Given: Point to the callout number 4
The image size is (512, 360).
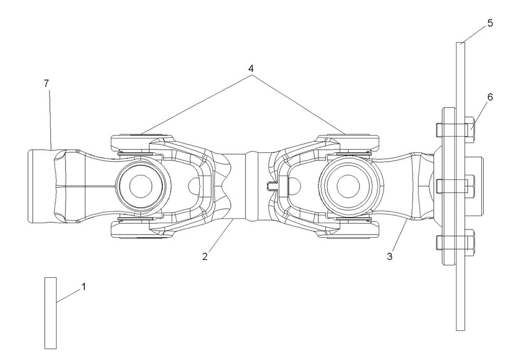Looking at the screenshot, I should coord(251,68).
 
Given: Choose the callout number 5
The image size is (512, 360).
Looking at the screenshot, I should coord(490,23).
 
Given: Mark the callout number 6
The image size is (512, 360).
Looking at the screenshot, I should coord(490,97).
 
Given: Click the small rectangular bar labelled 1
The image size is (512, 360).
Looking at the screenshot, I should coord(50,313).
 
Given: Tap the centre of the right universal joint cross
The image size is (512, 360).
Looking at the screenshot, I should coord(346,186).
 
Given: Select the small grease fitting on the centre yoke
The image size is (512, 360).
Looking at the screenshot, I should coord(270,186).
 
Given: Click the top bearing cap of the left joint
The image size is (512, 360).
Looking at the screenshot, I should coord(139,142).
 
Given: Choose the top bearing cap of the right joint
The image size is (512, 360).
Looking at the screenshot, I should coord(348,142).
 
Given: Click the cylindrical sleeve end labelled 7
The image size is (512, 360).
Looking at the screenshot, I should coord(42,186).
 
